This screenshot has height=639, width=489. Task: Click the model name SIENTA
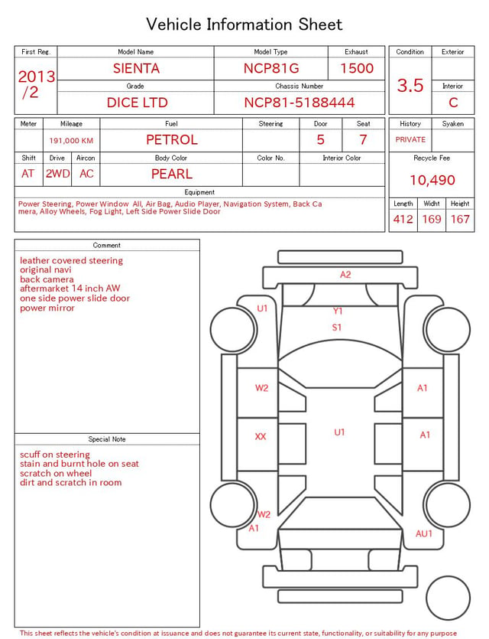136,68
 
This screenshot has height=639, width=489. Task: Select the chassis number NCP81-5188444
300,103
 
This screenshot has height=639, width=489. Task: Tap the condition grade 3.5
410,86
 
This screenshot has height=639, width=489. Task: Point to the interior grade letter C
453,103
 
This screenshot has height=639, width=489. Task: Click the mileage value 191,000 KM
71,141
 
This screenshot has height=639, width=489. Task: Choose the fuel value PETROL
172,140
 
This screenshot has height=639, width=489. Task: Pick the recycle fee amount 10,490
432,180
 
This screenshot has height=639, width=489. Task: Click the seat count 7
363,140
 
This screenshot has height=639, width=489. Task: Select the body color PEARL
172,174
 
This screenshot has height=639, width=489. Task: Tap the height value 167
460,219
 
